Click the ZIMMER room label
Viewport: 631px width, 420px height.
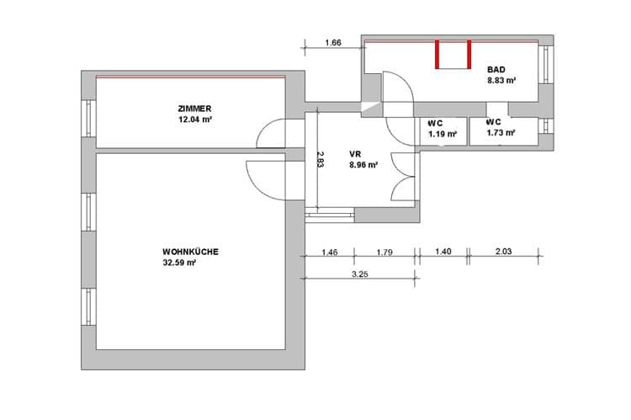pyautogui.click(x=194, y=109)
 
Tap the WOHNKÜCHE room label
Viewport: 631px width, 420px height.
pyautogui.click(x=190, y=252)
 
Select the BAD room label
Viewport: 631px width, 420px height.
pyautogui.click(x=496, y=70)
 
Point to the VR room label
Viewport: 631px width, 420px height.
pyautogui.click(x=355, y=154)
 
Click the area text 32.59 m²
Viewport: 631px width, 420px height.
pyautogui.click(x=179, y=263)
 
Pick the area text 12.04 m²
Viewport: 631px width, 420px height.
pyautogui.click(x=195, y=120)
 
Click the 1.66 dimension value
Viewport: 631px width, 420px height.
pyautogui.click(x=333, y=42)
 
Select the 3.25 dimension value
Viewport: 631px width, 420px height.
pyautogui.click(x=360, y=274)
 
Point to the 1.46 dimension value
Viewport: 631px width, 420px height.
pyautogui.click(x=330, y=253)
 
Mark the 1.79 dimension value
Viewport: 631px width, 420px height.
pyautogui.click(x=384, y=253)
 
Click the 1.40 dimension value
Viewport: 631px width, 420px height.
pyautogui.click(x=443, y=252)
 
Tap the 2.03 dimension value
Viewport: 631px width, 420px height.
pyautogui.click(x=503, y=252)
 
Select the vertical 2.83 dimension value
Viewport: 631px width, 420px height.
pyautogui.click(x=320, y=159)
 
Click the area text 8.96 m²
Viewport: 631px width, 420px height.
pyautogui.click(x=363, y=165)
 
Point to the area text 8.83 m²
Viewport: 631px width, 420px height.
pyautogui.click(x=501, y=80)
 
